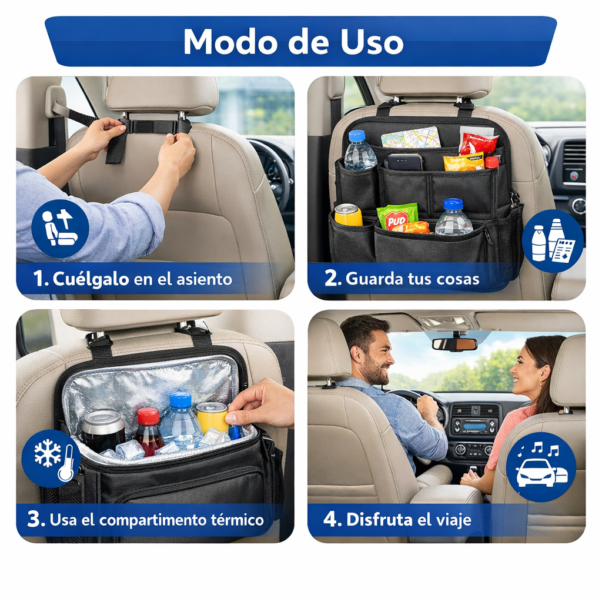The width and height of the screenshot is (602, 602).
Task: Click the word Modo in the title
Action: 230,42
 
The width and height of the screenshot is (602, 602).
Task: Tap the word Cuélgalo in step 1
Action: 91,279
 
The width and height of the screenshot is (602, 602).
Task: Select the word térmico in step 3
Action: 238,520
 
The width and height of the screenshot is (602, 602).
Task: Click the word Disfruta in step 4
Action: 379,520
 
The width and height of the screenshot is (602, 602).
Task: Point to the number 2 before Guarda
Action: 330,278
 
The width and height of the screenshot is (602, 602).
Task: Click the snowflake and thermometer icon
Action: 51,459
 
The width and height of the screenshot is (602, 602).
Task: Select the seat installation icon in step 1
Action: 61,229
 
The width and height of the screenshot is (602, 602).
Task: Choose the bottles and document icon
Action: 553,240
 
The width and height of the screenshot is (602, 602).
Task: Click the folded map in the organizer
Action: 411,138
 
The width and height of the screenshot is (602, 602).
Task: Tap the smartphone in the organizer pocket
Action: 404,162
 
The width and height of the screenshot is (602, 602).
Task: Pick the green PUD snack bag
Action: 397,216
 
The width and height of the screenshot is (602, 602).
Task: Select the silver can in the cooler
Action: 103,430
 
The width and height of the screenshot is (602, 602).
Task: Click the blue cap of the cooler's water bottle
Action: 180,399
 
